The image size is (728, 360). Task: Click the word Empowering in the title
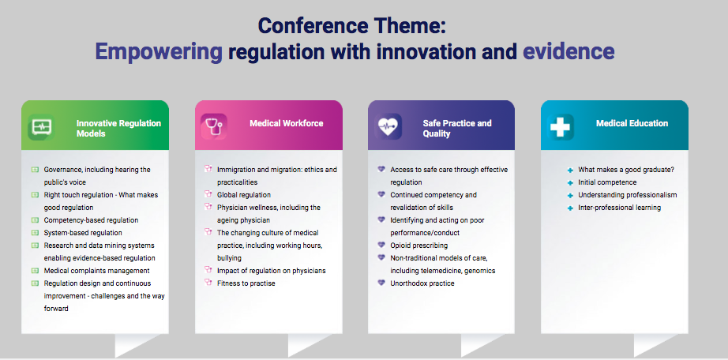(159, 52)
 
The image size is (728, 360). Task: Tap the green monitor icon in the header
(41, 127)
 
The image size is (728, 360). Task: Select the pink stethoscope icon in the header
(213, 127)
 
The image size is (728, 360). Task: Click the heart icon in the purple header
(388, 127)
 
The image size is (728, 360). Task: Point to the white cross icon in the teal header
(561, 127)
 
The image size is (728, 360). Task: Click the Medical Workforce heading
(287, 124)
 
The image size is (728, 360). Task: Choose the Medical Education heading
(632, 124)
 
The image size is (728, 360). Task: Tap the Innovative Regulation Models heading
(119, 129)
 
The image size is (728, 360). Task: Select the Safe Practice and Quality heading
(457, 129)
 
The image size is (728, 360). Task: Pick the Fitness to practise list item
(246, 283)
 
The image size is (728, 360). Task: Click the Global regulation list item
(244, 195)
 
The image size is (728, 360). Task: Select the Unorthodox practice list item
(422, 283)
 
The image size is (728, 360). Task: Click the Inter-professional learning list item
(619, 208)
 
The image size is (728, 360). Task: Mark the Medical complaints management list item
(96, 270)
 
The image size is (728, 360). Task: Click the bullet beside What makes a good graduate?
(570, 171)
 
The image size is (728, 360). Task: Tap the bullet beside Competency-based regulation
(35, 220)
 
